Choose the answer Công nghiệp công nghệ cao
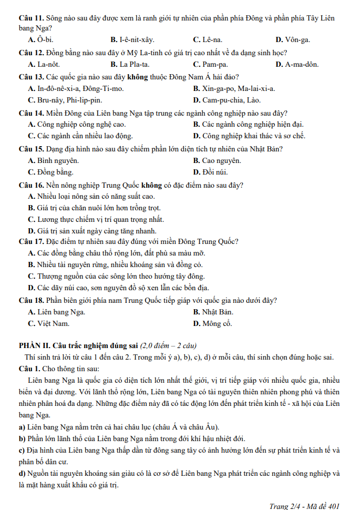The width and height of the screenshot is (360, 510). click(81, 125)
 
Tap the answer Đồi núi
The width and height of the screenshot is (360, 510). click(215, 172)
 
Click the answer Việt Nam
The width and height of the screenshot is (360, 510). click(53, 323)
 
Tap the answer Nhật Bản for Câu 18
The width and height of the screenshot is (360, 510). click(218, 312)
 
